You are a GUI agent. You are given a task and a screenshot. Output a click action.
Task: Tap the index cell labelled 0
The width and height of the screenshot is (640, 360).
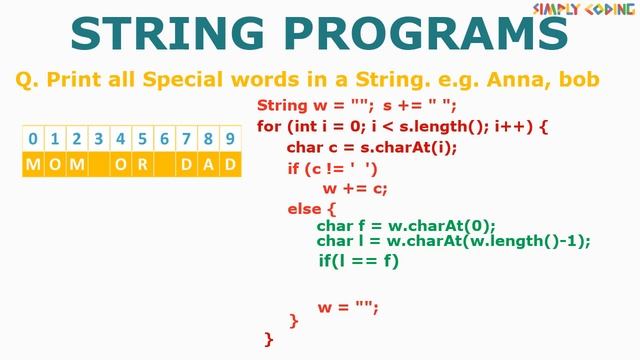33,139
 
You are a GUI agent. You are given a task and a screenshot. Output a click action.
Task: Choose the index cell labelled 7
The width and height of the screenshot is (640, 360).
186,139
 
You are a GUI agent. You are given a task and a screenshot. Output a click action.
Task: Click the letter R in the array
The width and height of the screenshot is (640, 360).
142,164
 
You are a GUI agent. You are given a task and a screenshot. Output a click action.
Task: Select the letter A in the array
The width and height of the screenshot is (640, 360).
208,164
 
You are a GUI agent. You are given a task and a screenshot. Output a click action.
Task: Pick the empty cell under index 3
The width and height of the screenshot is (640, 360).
99,164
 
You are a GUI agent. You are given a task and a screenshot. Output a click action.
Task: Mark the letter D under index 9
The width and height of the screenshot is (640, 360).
230,164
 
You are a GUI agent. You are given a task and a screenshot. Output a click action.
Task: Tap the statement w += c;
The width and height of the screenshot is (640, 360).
354,189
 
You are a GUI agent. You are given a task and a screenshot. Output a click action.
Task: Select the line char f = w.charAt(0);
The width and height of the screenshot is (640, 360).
406,226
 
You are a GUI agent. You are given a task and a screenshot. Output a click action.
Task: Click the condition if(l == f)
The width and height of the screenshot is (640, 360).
358,261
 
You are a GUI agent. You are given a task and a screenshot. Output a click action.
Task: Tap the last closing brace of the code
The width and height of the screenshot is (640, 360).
268,339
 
